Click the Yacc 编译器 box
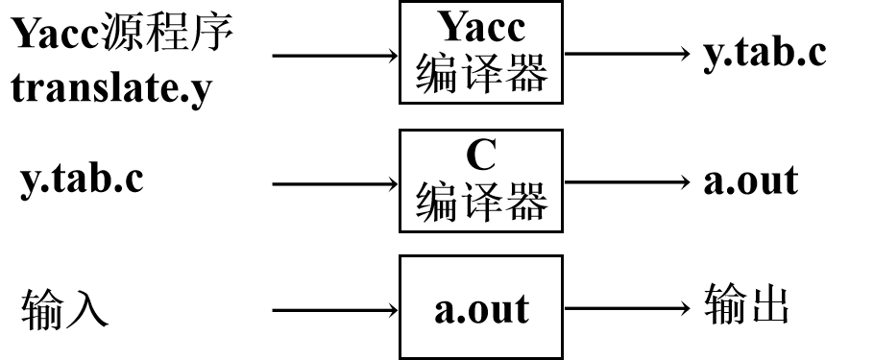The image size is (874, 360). pos(481,53)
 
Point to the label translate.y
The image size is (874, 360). pos(111,91)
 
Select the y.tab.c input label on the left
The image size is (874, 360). pos(83,180)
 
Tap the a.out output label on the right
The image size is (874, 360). pos(750,180)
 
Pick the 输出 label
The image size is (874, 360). pos(746,308)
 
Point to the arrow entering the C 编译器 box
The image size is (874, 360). pos(335,181)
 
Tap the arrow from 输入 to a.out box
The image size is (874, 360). pos(335,310)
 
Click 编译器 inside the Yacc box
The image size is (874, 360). pos(481,75)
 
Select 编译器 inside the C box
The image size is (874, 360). pos(481,202)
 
